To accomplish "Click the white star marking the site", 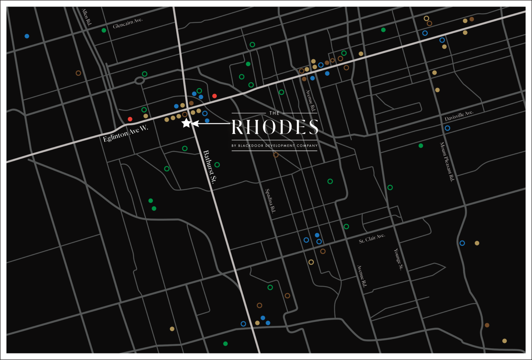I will pyautogui.click(x=186, y=123).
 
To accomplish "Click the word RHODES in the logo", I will pyautogui.click(x=275, y=127).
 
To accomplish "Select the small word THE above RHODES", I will pyautogui.click(x=274, y=113).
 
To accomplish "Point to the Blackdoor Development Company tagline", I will pyautogui.click(x=274, y=146).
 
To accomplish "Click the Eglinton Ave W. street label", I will pyautogui.click(x=125, y=133).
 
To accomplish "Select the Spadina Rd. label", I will pyautogui.click(x=270, y=201).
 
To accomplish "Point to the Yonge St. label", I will pyautogui.click(x=398, y=259).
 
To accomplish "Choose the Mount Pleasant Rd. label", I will pyautogui.click(x=447, y=162).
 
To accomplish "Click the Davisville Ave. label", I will pyautogui.click(x=459, y=116).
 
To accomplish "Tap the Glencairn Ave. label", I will pyautogui.click(x=127, y=23).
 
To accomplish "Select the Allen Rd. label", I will pyautogui.click(x=87, y=17).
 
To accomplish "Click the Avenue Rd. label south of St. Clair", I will pyautogui.click(x=362, y=276).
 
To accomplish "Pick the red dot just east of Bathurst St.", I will pyautogui.click(x=214, y=96).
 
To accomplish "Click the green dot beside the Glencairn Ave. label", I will pyautogui.click(x=104, y=30).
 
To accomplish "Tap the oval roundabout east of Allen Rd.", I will pyautogui.click(x=139, y=81).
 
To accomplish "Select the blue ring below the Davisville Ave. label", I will pyautogui.click(x=447, y=128).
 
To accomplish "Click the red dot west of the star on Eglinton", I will pyautogui.click(x=130, y=119).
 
